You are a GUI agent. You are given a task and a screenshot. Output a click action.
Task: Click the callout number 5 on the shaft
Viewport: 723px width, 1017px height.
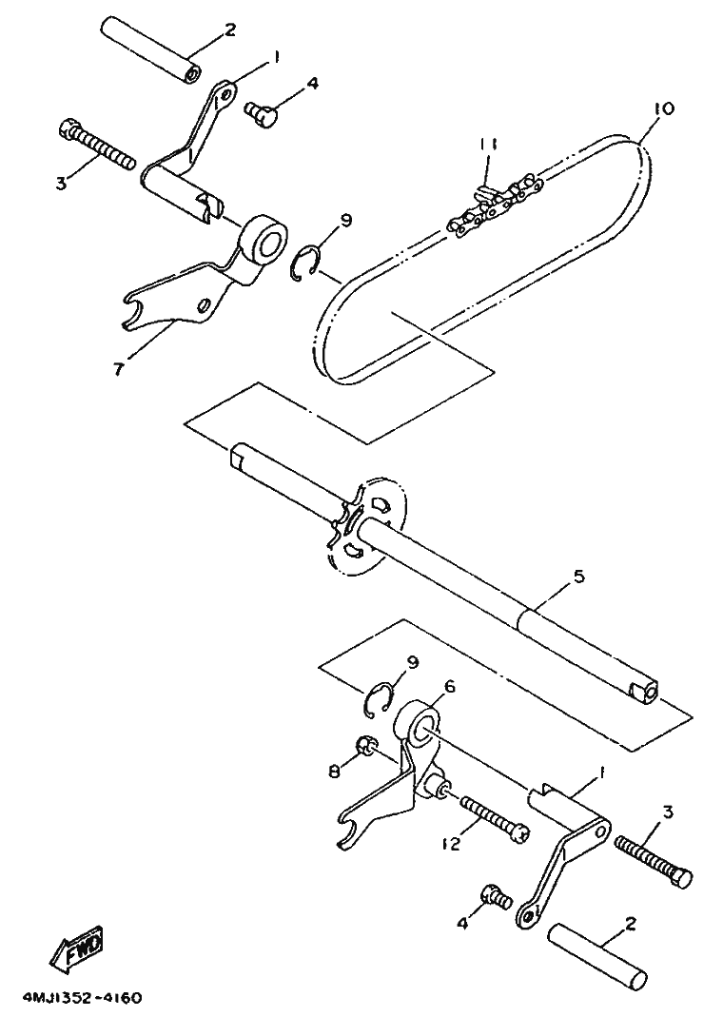tap(579, 576)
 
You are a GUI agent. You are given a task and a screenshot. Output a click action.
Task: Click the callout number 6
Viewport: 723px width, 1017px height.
tap(449, 686)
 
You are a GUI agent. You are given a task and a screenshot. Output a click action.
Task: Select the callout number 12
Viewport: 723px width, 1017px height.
tap(451, 844)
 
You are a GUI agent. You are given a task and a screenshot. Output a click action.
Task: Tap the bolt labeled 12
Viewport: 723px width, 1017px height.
tap(495, 819)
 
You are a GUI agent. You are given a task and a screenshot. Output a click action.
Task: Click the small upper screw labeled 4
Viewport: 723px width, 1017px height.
tap(262, 111)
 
